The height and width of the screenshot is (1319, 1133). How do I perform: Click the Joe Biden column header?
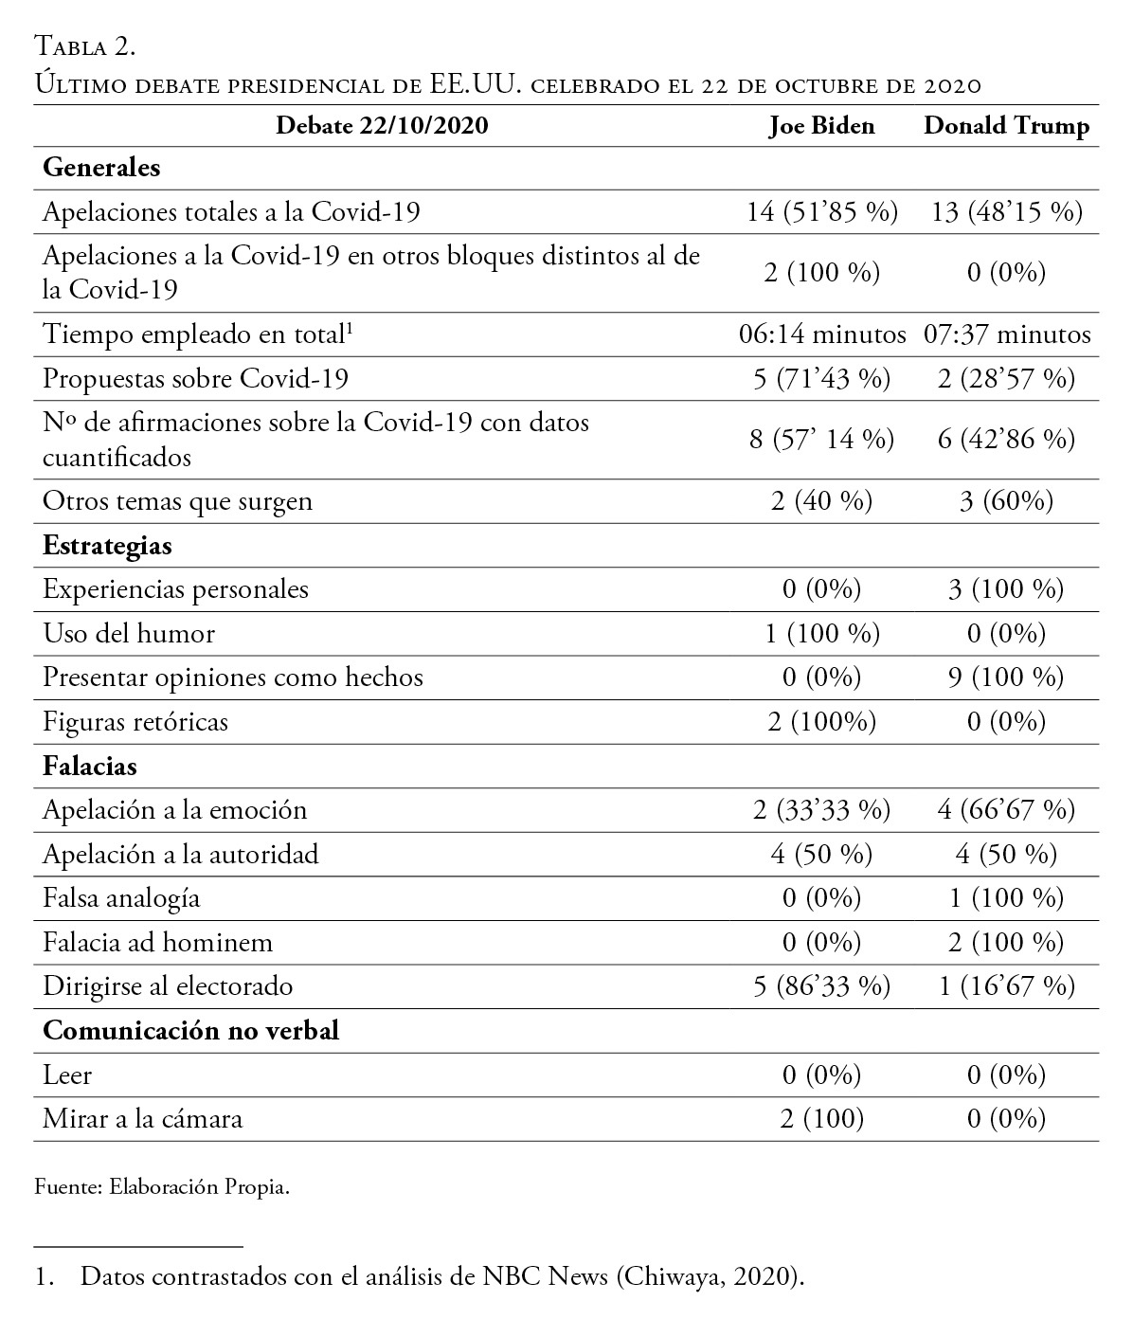click(x=821, y=126)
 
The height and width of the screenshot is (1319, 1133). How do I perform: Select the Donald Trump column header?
click(x=1006, y=126)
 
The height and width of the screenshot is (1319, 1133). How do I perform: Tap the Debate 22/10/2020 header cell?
click(x=382, y=126)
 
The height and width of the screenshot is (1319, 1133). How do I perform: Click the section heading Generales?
click(x=101, y=168)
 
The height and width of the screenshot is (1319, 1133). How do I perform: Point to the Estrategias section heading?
click(x=107, y=546)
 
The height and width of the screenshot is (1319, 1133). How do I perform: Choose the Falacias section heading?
click(x=90, y=766)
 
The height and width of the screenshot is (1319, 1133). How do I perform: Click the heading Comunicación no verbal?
click(x=190, y=1030)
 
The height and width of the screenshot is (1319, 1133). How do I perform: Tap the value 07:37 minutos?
click(x=1006, y=334)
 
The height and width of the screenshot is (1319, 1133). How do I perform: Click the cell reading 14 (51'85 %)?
click(x=821, y=211)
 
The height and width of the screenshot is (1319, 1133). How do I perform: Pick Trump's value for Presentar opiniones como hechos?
click(x=1006, y=678)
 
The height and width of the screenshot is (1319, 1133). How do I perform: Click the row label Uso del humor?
click(x=129, y=633)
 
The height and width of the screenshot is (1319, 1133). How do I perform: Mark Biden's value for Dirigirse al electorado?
click(x=821, y=986)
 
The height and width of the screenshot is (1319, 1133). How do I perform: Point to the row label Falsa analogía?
click(x=121, y=897)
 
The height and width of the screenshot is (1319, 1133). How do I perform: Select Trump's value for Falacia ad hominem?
click(x=1006, y=943)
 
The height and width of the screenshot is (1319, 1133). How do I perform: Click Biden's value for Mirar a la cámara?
click(x=821, y=1119)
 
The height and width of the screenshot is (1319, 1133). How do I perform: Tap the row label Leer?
click(x=67, y=1075)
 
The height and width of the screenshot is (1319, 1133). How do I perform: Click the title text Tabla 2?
click(x=87, y=45)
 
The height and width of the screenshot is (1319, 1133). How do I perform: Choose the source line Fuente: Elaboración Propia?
click(x=161, y=1186)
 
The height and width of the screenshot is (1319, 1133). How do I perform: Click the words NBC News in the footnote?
click(x=545, y=1276)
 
